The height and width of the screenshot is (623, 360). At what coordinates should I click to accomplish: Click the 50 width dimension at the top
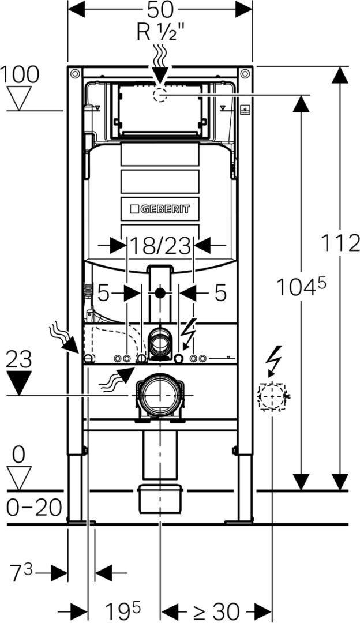pyautogui.click(x=160, y=10)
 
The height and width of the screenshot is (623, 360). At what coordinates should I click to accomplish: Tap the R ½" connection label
pyautogui.click(x=160, y=32)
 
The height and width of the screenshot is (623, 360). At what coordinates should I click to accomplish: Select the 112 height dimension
pyautogui.click(x=340, y=243)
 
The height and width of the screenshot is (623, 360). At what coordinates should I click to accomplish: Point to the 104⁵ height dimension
pyautogui.click(x=301, y=287)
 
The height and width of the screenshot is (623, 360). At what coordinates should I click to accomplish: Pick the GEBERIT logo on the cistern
pyautogui.click(x=160, y=209)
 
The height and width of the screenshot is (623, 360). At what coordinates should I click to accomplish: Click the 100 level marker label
pyautogui.click(x=20, y=74)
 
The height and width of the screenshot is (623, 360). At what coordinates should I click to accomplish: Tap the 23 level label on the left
pyautogui.click(x=19, y=360)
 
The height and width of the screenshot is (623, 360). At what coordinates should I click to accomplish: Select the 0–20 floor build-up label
pyautogui.click(x=34, y=508)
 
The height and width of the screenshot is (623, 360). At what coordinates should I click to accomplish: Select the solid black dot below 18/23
pyautogui.click(x=160, y=293)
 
